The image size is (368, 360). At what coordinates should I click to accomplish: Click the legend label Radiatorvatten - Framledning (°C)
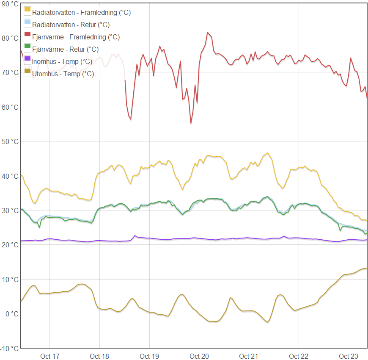pos(82,12)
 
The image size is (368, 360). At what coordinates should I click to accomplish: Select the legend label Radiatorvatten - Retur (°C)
pos(71,25)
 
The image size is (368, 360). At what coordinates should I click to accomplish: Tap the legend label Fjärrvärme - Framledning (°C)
pos(76,37)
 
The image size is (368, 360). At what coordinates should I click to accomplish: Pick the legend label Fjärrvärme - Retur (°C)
pos(66,50)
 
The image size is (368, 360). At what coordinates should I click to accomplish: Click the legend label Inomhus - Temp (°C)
pos(62,61)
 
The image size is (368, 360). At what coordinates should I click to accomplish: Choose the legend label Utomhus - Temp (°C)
pos(63,74)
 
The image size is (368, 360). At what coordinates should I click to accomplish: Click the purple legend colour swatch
pos(27,58)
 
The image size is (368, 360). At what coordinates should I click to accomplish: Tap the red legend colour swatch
pos(27,34)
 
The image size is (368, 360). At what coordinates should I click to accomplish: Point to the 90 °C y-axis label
pos(10,4)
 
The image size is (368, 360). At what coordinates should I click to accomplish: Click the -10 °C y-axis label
pos(9,349)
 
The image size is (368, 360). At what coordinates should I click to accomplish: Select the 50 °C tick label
pos(10,142)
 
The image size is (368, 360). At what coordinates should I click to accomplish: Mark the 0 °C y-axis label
pos(12,314)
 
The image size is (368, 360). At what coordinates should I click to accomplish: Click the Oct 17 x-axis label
pos(50,356)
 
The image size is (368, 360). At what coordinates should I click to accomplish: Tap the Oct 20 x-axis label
pos(199,356)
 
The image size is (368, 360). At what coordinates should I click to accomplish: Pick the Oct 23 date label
pos(349,356)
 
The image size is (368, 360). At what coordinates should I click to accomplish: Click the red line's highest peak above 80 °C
pos(207,32)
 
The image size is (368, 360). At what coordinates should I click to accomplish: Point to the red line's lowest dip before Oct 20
pos(191,123)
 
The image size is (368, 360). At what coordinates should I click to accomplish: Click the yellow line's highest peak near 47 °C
pos(268,153)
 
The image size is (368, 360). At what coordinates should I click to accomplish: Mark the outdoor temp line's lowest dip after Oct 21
pos(268,322)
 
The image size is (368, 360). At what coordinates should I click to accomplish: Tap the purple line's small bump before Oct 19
pos(135,235)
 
